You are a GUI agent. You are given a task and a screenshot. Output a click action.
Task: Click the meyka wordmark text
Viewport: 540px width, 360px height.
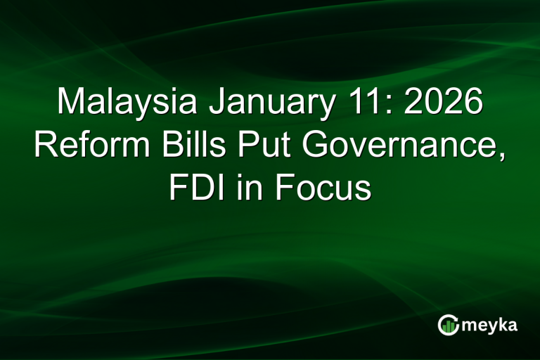[490, 326]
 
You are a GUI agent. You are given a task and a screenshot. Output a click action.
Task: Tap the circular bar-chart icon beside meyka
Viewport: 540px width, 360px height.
[448, 325]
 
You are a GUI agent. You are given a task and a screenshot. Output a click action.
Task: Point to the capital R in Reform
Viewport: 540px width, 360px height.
[45, 146]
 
